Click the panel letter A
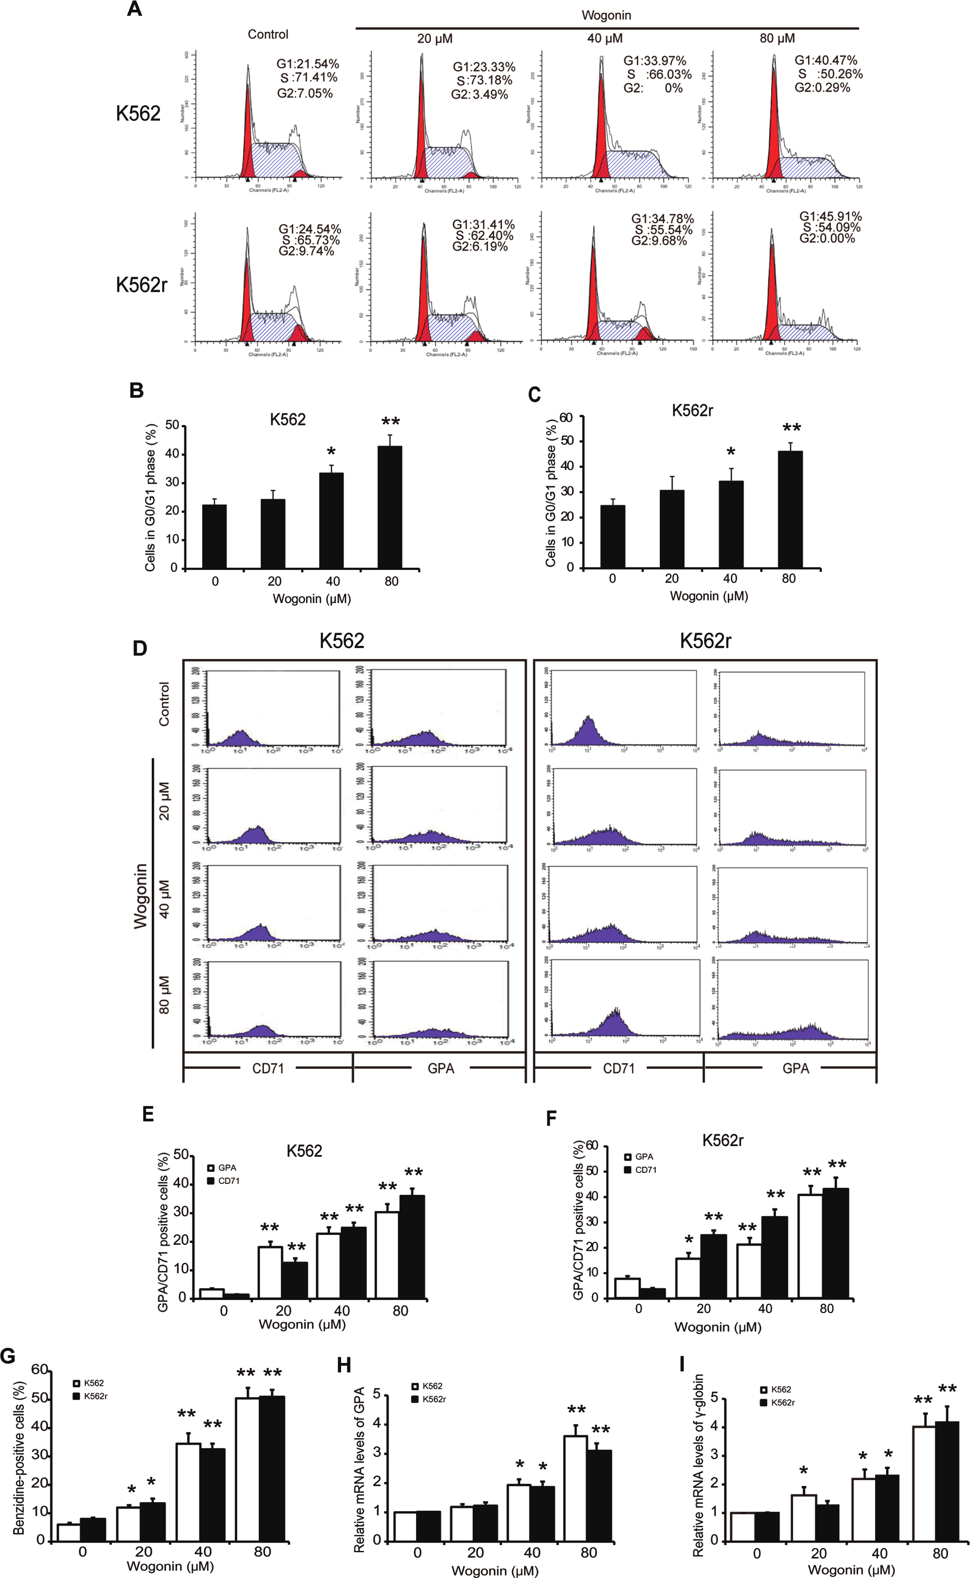(134, 10)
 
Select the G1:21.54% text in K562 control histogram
(307, 64)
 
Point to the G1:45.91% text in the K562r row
(830, 217)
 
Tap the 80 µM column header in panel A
(777, 38)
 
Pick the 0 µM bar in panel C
(613, 536)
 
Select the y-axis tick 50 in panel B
(172, 425)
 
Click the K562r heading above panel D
(705, 641)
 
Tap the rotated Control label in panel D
(165, 704)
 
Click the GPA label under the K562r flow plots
(795, 1068)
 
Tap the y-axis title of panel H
(359, 1469)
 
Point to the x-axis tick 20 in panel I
(818, 1554)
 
